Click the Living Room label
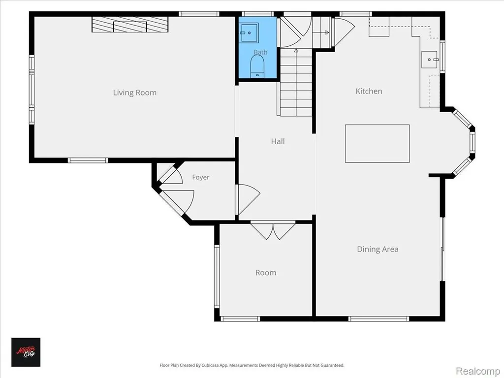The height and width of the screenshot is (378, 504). tap(135, 93)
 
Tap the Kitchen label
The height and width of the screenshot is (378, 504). tap(369, 91)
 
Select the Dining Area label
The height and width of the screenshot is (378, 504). tap(378, 249)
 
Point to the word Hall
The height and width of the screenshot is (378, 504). tap(278, 141)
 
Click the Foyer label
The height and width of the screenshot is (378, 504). tap(201, 177)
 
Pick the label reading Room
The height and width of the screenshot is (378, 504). tap(265, 273)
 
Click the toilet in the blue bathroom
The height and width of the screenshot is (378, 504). tap(257, 66)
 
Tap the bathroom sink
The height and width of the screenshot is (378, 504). tap(250, 32)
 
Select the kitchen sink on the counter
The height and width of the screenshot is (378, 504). tap(429, 60)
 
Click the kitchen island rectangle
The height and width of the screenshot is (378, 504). tap(378, 143)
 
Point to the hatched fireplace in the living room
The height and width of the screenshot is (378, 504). tap(130, 24)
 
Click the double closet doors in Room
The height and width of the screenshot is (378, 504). tap(273, 231)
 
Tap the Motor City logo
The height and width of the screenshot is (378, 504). tap(26, 352)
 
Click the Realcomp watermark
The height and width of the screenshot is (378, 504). tap(477, 371)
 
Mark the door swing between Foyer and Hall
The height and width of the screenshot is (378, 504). tap(248, 199)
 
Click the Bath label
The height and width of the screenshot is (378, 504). tap(260, 52)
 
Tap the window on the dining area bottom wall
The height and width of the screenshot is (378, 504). tap(378, 319)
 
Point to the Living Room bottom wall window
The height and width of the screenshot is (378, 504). tap(88, 160)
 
